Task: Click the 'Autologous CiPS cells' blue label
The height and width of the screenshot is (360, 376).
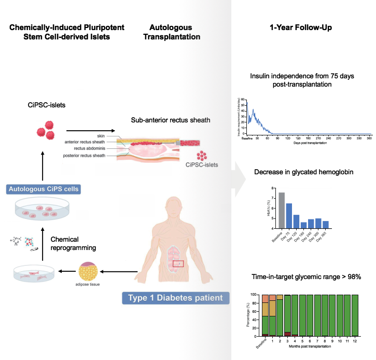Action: (44, 189)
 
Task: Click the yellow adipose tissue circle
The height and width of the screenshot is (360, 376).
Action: (88, 271)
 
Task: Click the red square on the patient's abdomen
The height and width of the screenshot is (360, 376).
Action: (178, 264)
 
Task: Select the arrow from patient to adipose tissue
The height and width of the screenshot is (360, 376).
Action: (120, 271)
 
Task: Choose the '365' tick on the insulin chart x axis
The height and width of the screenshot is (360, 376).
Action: (369, 139)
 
